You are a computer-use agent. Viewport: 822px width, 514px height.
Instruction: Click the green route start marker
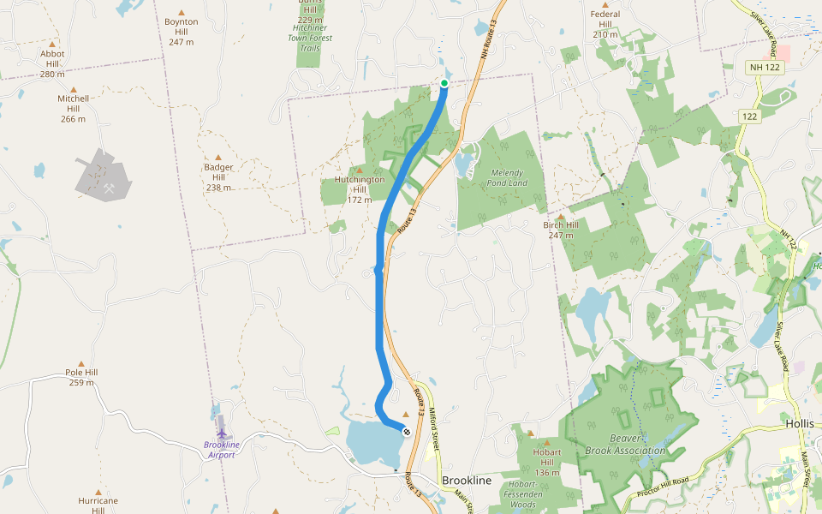click(444, 83)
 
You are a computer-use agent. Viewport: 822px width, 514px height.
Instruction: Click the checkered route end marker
click(406, 431)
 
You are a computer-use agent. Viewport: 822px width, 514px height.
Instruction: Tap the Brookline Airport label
click(219, 450)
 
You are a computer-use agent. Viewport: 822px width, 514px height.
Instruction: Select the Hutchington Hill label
click(360, 189)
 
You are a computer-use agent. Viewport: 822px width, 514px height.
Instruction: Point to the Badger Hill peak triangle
click(218, 157)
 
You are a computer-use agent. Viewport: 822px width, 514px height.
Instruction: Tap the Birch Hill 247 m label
click(561, 230)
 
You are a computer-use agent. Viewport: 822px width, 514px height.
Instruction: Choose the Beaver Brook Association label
click(625, 445)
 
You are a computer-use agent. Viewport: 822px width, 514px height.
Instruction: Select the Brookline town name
click(467, 481)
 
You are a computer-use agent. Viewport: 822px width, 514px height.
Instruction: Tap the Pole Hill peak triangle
click(81, 363)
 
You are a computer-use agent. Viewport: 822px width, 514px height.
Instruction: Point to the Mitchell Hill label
click(73, 108)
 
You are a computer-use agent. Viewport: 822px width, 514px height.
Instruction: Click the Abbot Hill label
click(52, 63)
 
